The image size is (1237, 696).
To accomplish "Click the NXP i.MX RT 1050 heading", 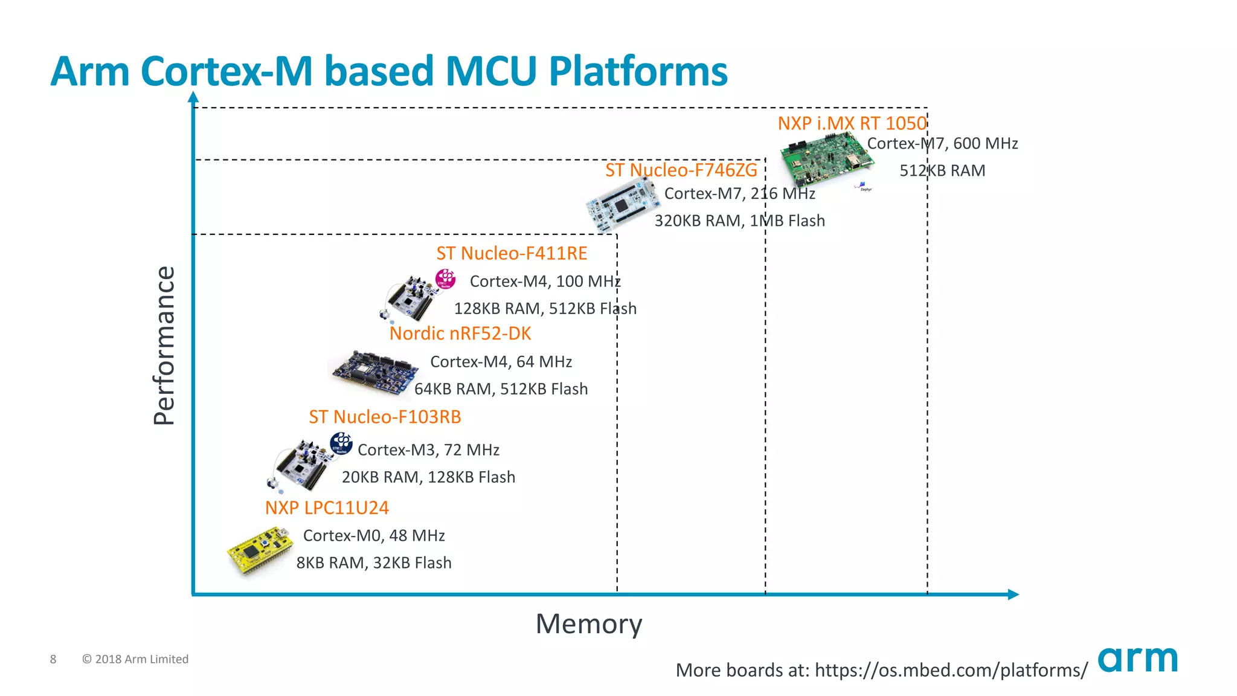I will click(852, 123).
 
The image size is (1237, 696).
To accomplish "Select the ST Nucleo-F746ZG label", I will click(681, 170).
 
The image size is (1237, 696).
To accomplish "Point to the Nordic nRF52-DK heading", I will click(460, 333).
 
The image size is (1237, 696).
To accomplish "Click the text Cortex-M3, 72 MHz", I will click(428, 450).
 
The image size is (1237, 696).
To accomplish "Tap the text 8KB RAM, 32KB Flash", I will click(373, 563).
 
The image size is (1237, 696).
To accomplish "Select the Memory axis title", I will click(589, 624).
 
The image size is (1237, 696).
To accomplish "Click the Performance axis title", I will click(164, 346).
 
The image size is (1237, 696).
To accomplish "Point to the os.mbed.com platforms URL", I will click(951, 670).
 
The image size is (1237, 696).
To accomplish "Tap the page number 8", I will click(53, 659).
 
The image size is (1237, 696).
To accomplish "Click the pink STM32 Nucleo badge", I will click(446, 279).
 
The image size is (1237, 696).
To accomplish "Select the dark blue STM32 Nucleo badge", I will click(341, 443).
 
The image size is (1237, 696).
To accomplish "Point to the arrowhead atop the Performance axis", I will click(193, 97).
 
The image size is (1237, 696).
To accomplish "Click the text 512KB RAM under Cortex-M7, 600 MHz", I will click(942, 171).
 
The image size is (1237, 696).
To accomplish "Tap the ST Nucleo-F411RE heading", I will click(512, 254).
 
